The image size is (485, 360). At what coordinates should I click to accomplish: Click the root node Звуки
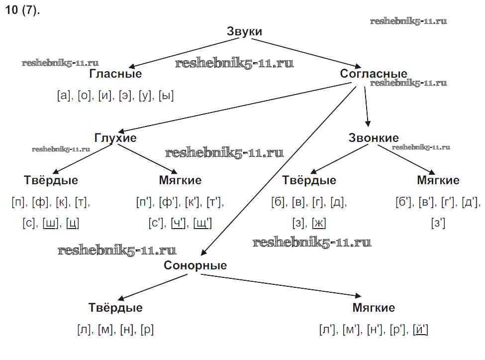[244, 31]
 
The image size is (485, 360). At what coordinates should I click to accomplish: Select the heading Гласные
[115, 74]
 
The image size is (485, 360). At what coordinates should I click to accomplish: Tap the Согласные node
[374, 74]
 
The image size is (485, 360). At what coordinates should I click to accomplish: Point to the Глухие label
[115, 138]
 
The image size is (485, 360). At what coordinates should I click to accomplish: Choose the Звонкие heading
[374, 138]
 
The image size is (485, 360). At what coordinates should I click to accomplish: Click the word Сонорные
[195, 265]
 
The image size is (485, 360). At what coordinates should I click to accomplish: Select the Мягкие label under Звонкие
[438, 180]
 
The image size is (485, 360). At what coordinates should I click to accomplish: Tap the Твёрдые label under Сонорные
[115, 308]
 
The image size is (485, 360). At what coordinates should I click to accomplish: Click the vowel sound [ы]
[166, 96]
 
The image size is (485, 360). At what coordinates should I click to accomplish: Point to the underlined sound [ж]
[319, 224]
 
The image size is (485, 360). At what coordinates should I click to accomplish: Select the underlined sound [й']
[420, 330]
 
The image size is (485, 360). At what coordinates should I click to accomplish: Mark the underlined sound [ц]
[73, 224]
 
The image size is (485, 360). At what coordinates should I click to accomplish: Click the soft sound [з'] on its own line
[438, 224]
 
